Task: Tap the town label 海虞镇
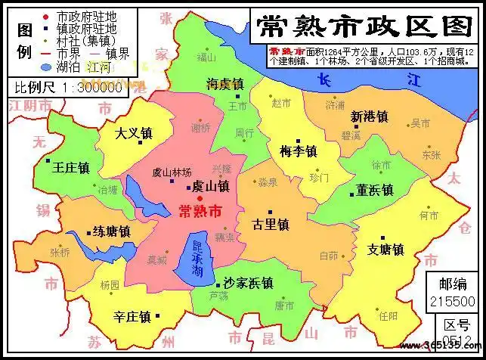[224, 84]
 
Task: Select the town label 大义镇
[134, 134]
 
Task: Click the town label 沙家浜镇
[247, 283]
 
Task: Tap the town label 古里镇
[271, 225]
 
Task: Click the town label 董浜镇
[375, 190]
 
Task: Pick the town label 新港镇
[369, 117]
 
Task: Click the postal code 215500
[452, 301]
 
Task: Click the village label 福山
[205, 57]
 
